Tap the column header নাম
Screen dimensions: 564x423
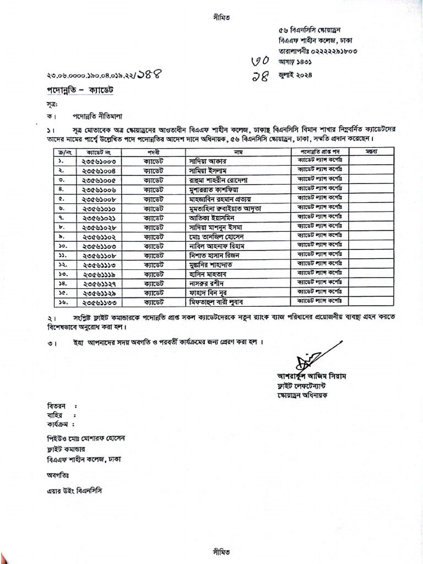click(238, 151)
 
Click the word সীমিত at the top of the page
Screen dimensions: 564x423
click(220, 17)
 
